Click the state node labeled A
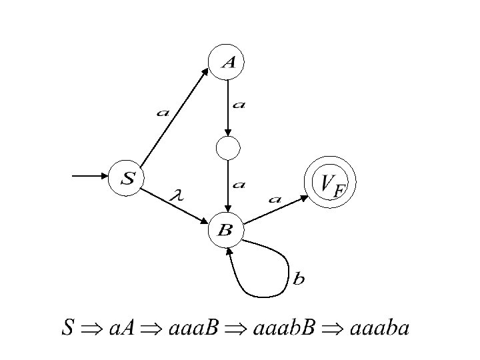click(x=228, y=62)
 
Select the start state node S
click(x=127, y=178)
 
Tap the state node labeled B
click(x=227, y=231)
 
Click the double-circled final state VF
click(x=331, y=182)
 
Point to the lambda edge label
click(x=177, y=195)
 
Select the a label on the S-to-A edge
click(x=162, y=113)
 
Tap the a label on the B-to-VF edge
click(x=274, y=198)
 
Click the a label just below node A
click(x=238, y=105)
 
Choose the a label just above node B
click(x=238, y=185)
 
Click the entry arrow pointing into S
click(x=90, y=177)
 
